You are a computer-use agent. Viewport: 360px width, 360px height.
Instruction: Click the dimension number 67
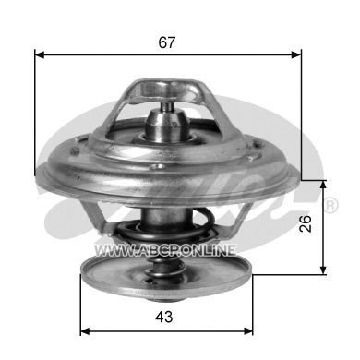pos(166,42)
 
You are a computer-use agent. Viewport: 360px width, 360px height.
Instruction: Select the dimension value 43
pos(164,317)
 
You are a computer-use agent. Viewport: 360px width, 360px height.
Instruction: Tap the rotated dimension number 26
pos(306,223)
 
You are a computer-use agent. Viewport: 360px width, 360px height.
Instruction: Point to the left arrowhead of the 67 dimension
pos(40,55)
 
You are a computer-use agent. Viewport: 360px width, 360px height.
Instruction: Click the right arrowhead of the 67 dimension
pos(296,55)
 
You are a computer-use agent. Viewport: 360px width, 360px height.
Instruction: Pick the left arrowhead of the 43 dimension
pos(85,331)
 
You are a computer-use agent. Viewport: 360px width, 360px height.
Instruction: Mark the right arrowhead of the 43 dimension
pos(248,331)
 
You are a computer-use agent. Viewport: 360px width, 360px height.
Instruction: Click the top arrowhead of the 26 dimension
pos(323,186)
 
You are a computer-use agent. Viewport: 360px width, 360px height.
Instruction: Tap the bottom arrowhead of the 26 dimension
pos(323,269)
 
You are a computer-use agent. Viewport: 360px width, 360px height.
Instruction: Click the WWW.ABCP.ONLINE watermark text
pos(165,250)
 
